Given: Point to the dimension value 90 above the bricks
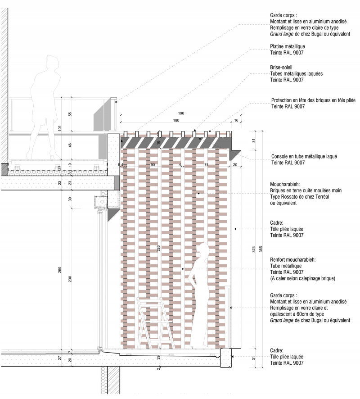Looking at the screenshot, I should click(153, 165).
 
